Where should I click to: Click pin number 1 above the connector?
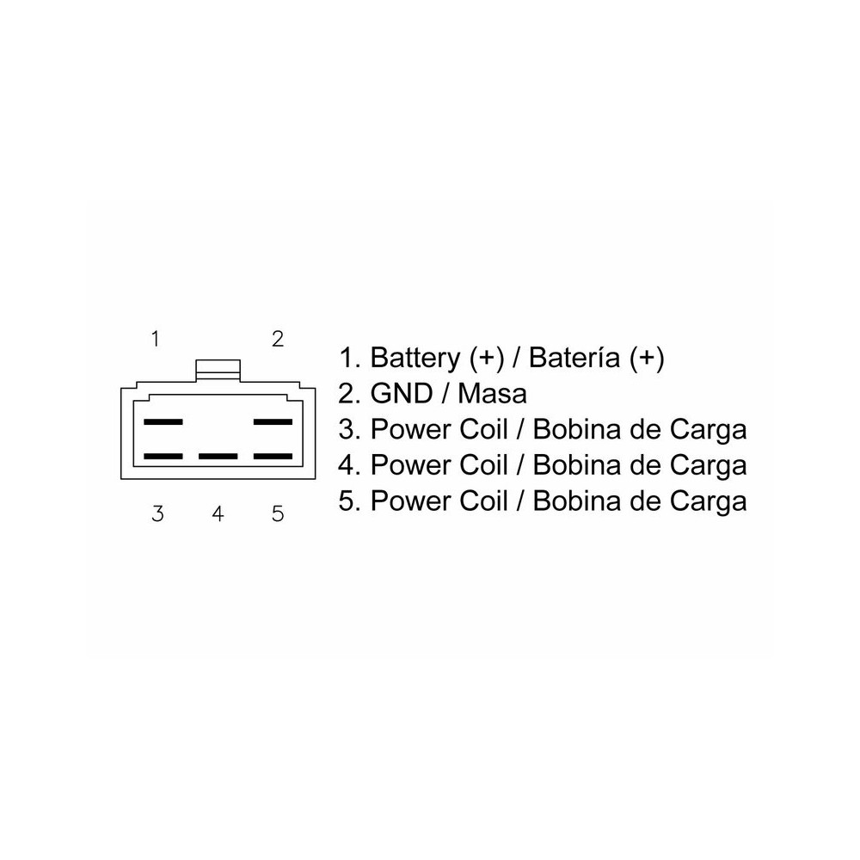point(156,339)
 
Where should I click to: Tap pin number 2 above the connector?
point(278,339)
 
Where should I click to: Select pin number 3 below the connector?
point(157,514)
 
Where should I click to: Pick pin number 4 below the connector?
point(218,514)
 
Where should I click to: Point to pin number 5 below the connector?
point(278,514)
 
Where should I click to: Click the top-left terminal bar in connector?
point(163,421)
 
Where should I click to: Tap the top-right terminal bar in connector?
point(273,421)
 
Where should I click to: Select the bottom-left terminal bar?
point(163,457)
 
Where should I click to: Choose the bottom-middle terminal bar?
point(218,457)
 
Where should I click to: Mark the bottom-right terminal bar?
point(273,457)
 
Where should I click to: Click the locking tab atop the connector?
point(218,370)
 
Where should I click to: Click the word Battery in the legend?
point(415,358)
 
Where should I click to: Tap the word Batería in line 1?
point(574,358)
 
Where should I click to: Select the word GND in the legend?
point(402,393)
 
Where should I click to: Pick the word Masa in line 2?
point(492,393)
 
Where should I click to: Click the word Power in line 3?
point(412,429)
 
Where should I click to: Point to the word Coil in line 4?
point(483,465)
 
